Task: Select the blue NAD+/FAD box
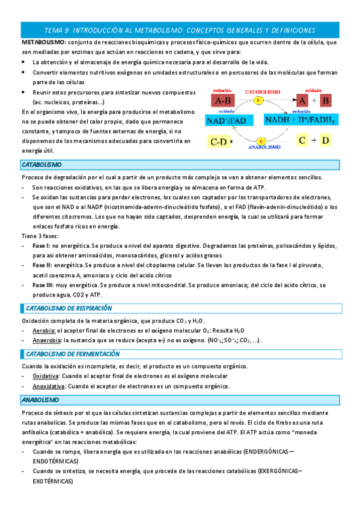pyautogui.click(x=225, y=121)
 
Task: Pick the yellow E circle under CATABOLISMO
pyautogui.click(x=258, y=100)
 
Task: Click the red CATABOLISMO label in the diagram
pyautogui.click(x=262, y=91)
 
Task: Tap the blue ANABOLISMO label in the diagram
pyautogui.click(x=264, y=147)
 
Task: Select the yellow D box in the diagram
pyautogui.click(x=325, y=140)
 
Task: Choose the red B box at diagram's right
pyautogui.click(x=326, y=100)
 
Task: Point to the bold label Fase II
pyautogui.click(x=41, y=265)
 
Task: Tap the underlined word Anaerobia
pyautogui.click(x=46, y=340)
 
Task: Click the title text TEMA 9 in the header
pyautogui.click(x=57, y=29)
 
